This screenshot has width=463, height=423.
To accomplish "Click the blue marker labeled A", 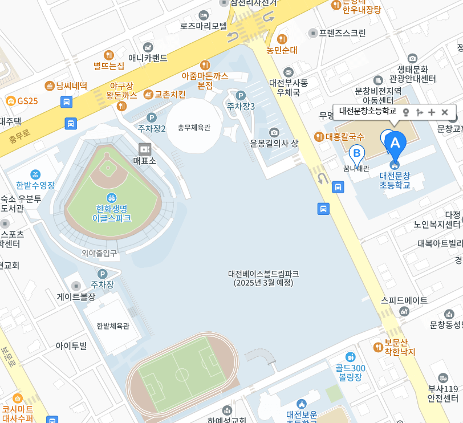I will click(395, 142).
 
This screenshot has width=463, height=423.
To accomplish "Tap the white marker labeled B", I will click(357, 153).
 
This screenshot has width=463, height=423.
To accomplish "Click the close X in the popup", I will click(445, 112).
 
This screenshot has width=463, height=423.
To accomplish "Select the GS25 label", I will click(27, 101).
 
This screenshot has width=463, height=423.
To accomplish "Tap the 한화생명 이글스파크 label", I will click(112, 213).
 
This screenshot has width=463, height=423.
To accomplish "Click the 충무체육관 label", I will click(194, 128).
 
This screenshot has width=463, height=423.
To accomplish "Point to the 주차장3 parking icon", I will click(241, 96).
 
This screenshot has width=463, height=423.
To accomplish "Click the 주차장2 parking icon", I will click(152, 117).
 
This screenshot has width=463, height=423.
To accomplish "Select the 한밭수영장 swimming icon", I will click(36, 174).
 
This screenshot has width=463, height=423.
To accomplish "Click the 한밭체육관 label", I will click(113, 326).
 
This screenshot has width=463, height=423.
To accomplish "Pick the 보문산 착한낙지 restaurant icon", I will click(377, 347).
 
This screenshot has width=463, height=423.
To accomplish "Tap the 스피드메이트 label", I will click(404, 300).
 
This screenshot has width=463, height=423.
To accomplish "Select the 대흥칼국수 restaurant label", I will click(344, 136).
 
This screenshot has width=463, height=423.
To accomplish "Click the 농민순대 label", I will click(282, 50).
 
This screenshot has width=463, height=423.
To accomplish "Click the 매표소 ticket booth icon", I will click(145, 149).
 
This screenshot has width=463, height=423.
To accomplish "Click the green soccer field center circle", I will click(182, 375).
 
